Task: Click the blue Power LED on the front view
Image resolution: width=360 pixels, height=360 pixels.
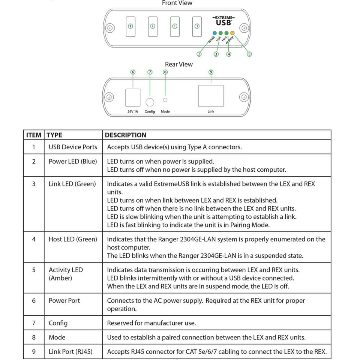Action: tap(215, 33)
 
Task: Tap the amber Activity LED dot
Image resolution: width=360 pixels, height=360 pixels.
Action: tap(232, 33)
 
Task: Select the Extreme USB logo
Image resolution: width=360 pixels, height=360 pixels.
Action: tap(223, 21)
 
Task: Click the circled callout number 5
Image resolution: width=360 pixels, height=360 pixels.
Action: tap(249, 54)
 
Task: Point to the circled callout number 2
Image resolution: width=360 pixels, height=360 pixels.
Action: tap(199, 54)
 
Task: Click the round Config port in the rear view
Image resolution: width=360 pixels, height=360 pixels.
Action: tap(150, 102)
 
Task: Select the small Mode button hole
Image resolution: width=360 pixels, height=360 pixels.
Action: tap(165, 100)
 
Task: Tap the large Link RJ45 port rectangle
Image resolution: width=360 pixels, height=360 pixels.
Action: tap(211, 96)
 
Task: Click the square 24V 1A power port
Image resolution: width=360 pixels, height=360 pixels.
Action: tap(132, 97)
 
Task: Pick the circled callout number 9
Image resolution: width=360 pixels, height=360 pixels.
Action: tap(211, 72)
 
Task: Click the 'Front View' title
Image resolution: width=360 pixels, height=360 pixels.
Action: tap(177, 3)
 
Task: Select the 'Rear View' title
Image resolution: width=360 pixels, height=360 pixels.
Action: tap(179, 64)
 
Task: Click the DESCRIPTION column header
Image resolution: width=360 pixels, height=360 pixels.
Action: tap(126, 135)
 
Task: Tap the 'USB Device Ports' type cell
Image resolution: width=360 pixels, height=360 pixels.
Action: tap(73, 147)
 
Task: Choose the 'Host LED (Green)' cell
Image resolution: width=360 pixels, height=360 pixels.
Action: tap(73, 239)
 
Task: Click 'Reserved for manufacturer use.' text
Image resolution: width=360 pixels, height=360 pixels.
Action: tap(151, 323)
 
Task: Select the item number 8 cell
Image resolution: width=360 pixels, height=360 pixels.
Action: tap(34, 337)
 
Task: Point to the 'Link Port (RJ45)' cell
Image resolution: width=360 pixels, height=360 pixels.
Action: tap(70, 352)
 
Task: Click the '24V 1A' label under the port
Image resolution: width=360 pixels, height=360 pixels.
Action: tap(132, 112)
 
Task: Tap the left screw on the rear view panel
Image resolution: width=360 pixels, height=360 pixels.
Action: tap(109, 97)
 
